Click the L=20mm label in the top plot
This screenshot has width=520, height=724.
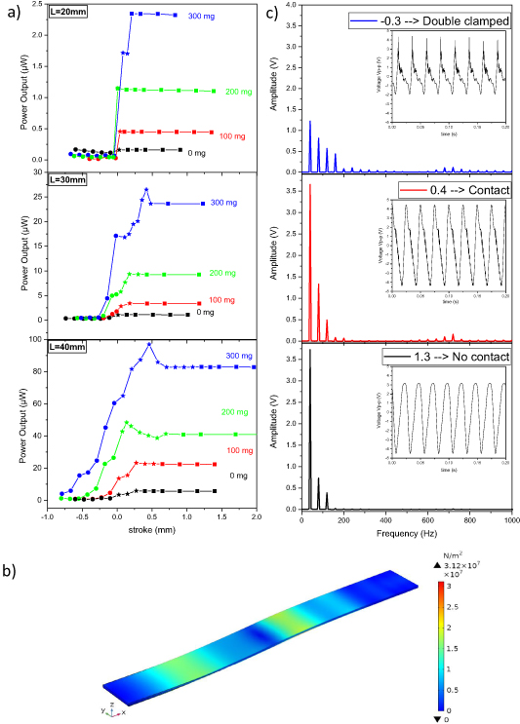69,11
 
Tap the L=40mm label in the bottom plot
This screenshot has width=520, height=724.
69,348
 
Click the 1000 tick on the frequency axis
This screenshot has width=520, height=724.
509,521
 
